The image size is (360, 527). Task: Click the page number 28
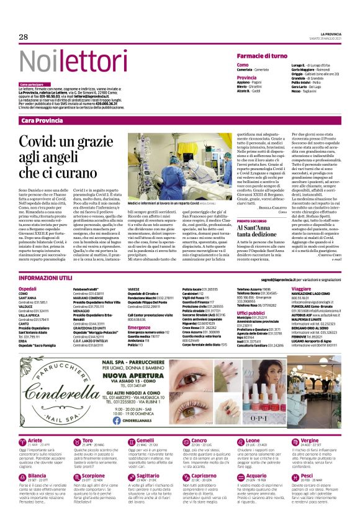(x=24, y=37)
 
